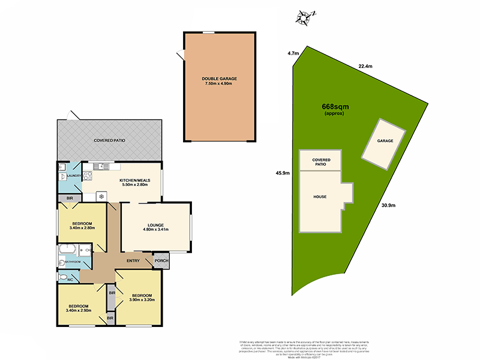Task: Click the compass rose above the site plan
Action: click(x=304, y=17)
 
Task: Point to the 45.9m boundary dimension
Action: click(x=283, y=173)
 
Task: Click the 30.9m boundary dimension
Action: click(x=389, y=205)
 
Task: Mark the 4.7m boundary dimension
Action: click(x=293, y=53)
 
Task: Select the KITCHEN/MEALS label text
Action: click(x=135, y=180)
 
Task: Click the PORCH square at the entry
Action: click(x=161, y=260)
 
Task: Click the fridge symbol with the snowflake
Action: click(x=101, y=196)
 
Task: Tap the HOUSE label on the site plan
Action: click(x=319, y=196)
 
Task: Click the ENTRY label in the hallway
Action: click(x=133, y=260)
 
